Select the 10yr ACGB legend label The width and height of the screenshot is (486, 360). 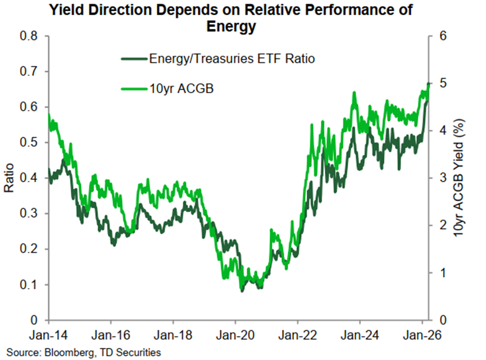[174, 88]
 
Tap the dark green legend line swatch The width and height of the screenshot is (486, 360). [133, 58]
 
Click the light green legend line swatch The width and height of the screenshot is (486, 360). [133, 88]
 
